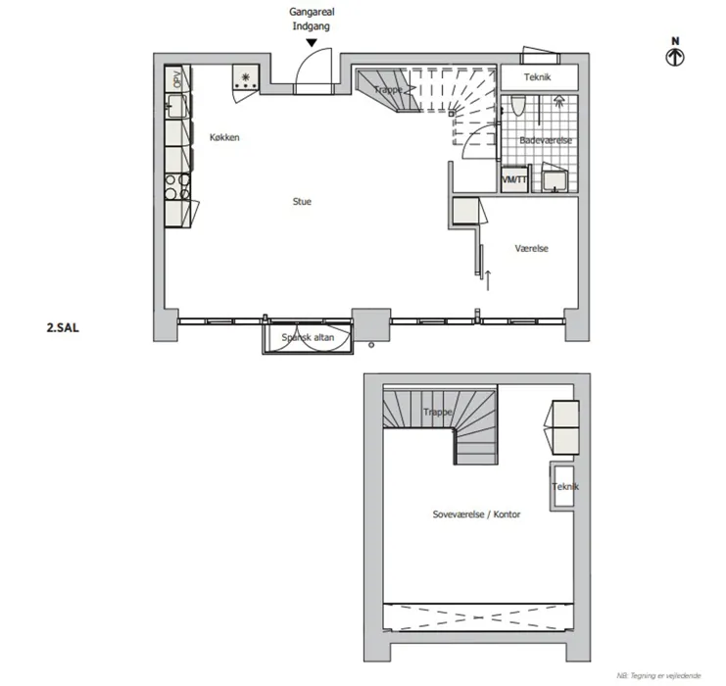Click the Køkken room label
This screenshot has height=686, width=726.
pos(224,137)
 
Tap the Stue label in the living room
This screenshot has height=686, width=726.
pos(302,202)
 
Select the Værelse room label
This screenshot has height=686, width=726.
pos(532,248)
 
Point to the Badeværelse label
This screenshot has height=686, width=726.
pos(546,140)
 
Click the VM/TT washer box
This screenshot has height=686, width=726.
pos(514,179)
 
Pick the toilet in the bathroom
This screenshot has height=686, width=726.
pos(518,105)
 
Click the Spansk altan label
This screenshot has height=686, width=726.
pos(308,338)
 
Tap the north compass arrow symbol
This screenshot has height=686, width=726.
pos(675,58)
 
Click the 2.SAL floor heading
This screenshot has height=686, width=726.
pos(63,328)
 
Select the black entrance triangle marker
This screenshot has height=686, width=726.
pos(312,42)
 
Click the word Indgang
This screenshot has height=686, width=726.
pos(312,26)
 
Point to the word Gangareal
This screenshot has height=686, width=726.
pos(312,12)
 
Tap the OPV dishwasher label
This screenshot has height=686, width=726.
pos(177,78)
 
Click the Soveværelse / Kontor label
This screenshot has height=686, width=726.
pos(476,514)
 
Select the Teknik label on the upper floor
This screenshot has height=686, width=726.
pos(565,486)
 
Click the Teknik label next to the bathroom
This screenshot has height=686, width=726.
pos(537,77)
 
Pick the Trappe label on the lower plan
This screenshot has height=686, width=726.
pos(438,412)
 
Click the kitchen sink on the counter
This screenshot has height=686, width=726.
pos(175,106)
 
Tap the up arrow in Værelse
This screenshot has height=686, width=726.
pos(488,280)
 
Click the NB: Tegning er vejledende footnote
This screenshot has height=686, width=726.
pos(658,676)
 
